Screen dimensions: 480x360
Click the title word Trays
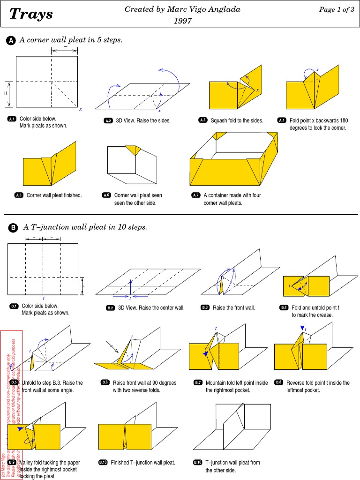[x=31, y=15]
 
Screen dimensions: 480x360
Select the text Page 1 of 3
[x=336, y=10]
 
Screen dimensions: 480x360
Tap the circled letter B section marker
[x=13, y=228]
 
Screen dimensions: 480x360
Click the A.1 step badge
[x=12, y=119]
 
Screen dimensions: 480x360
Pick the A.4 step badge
[x=281, y=120]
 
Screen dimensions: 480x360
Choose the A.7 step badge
[x=195, y=195]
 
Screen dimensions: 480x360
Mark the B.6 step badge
[x=105, y=383]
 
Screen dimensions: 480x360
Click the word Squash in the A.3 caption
[x=219, y=120]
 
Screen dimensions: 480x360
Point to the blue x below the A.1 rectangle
[x=80, y=109]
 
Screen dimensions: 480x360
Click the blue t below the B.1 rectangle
[x=43, y=298]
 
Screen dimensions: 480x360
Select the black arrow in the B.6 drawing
[x=112, y=347]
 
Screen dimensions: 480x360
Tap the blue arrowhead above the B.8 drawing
[x=302, y=328]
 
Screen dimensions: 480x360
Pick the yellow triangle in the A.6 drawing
[x=134, y=150]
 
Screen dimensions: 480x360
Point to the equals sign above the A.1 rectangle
[x=65, y=47]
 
